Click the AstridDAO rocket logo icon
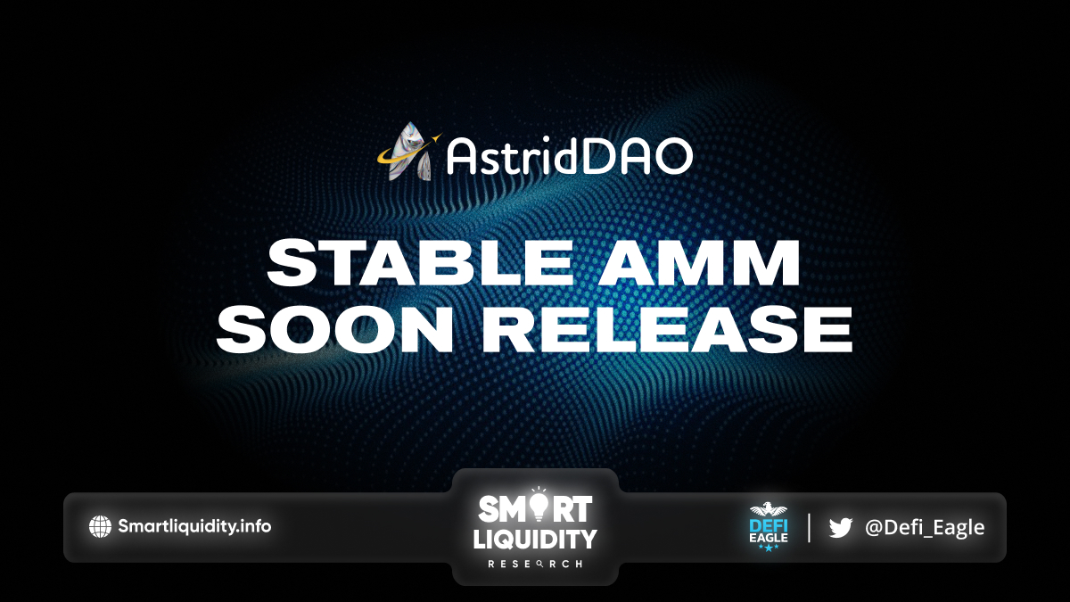[409, 152]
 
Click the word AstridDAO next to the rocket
[570, 156]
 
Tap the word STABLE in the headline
[420, 263]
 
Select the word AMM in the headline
[699, 263]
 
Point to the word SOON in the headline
[333, 329]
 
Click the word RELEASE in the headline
[667, 329]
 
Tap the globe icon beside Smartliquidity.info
[100, 526]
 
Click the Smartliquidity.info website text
[194, 526]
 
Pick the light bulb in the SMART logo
[539, 506]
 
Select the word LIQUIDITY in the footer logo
[535, 540]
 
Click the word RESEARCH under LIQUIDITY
[535, 565]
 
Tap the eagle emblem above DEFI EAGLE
[769, 510]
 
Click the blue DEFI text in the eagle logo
[769, 526]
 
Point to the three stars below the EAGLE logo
[769, 548]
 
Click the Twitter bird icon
[841, 527]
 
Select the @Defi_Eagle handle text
[925, 527]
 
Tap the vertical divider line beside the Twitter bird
[809, 527]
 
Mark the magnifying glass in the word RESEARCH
[539, 565]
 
